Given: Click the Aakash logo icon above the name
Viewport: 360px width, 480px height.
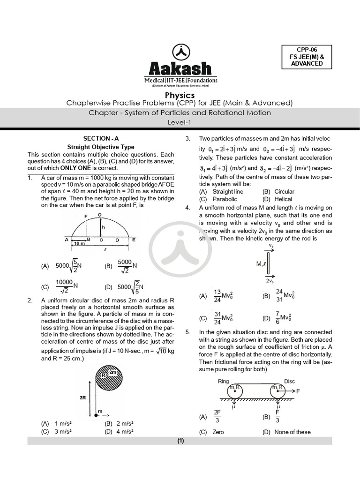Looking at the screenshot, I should click(x=180, y=52).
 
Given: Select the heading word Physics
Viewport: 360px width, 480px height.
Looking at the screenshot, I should click(x=180, y=95).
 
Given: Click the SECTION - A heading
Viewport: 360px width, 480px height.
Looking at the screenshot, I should click(x=101, y=138).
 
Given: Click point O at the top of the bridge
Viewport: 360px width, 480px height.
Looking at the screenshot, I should click(x=99, y=215).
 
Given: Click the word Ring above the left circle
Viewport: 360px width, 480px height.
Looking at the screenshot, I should click(x=224, y=381).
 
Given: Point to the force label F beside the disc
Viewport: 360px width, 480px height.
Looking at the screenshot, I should click(x=298, y=390).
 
